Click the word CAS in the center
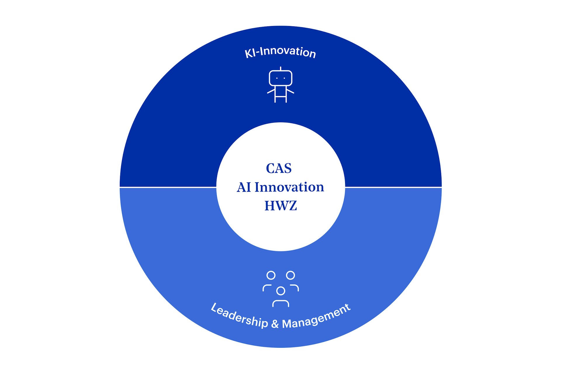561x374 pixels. click(279, 168)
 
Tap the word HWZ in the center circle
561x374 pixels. click(281, 206)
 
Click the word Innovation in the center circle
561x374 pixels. click(289, 187)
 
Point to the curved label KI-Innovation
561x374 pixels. click(280, 52)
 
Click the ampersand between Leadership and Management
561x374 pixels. click(275, 324)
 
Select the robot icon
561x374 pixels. click(280, 85)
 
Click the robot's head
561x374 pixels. click(280, 78)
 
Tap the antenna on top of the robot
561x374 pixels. click(280, 69)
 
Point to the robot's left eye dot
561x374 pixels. click(277, 78)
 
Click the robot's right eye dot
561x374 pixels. click(284, 78)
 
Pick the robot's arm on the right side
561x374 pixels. click(290, 91)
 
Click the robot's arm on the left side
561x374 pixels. click(271, 91)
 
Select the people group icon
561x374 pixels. click(280, 289)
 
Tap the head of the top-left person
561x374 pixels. click(271, 275)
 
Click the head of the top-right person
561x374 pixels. click(290, 275)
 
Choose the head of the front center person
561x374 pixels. click(281, 291)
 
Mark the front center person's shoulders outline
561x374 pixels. click(281, 300)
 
